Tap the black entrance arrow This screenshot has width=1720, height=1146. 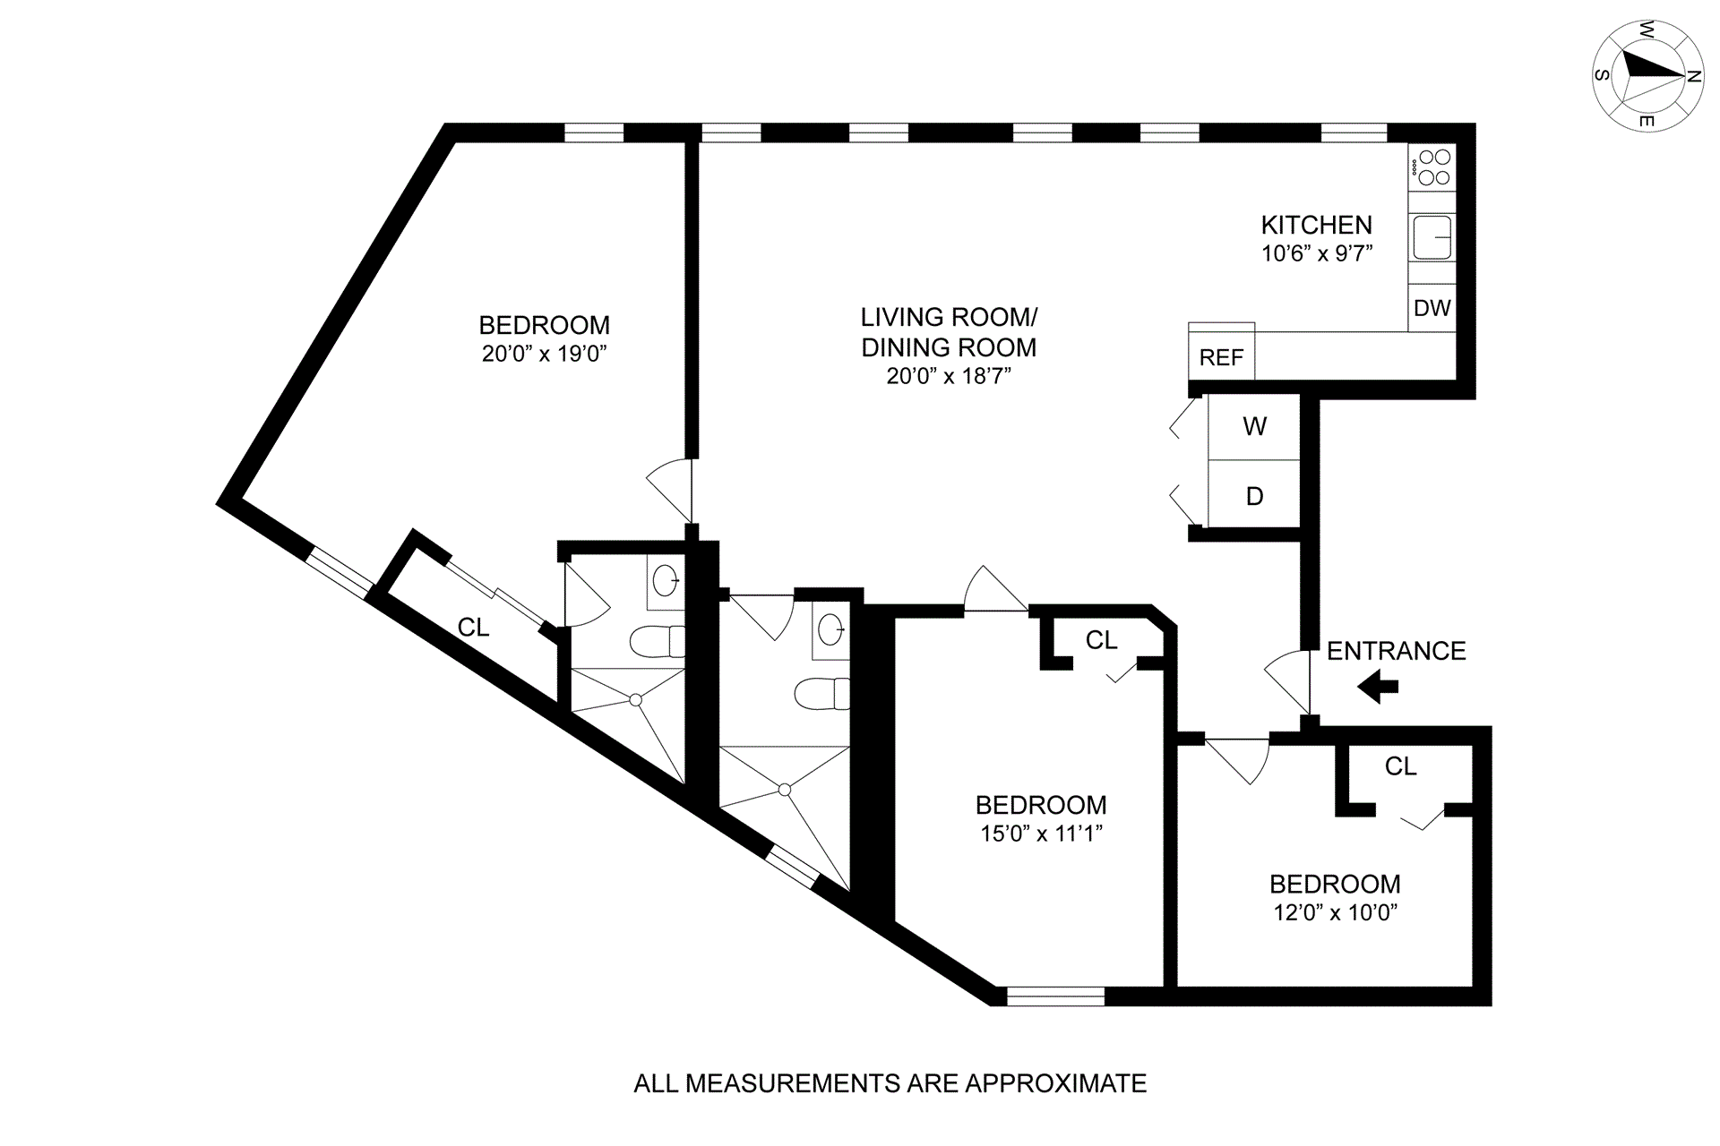coord(1378,688)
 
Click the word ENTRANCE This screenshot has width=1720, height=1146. coord(1396,651)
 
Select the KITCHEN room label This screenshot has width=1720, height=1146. coord(1316,225)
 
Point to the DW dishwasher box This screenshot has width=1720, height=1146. coord(1432,308)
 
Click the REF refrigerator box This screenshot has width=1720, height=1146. coord(1221,356)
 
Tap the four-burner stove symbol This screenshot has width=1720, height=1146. coord(1432,167)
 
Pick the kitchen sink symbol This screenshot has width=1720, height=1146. coord(1432,237)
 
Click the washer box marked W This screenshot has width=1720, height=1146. coord(1254,426)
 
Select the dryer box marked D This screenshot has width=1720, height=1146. coord(1254,496)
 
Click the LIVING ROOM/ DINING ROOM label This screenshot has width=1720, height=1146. coord(949,331)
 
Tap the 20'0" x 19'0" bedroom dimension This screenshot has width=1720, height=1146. coord(545,354)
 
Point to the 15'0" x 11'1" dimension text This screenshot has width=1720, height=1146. coord(1041,834)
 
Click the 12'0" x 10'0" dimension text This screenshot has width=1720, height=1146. coord(1335,912)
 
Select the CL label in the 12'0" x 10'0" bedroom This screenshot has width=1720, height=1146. coord(1400,766)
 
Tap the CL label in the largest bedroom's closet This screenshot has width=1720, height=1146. coord(473,628)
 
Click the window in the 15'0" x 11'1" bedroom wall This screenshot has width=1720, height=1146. coord(1055,996)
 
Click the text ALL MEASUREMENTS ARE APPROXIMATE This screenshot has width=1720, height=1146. coord(890,1083)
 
